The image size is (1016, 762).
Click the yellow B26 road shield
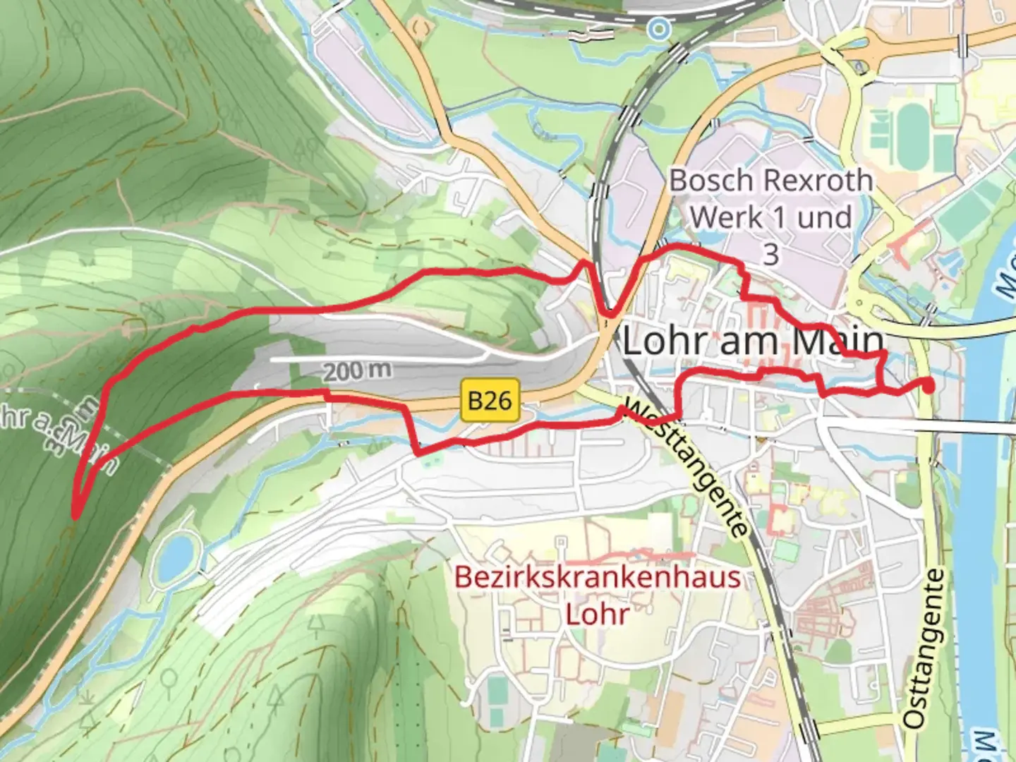coord(490,401)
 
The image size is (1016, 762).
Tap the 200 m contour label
coord(357,370)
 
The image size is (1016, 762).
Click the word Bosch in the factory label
coord(711,181)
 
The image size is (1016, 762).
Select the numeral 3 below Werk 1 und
coord(770,255)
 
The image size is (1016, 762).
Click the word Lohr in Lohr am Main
coord(663,342)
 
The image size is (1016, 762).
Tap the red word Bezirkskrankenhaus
coord(597,577)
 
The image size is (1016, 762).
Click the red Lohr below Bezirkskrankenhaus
coord(597,614)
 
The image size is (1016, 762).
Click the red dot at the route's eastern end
coord(928,385)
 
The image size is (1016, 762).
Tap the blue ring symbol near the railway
coord(660,29)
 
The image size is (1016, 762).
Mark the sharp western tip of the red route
coord(75,516)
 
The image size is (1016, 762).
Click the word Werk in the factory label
coord(727,217)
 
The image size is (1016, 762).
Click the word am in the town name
coord(748,342)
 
